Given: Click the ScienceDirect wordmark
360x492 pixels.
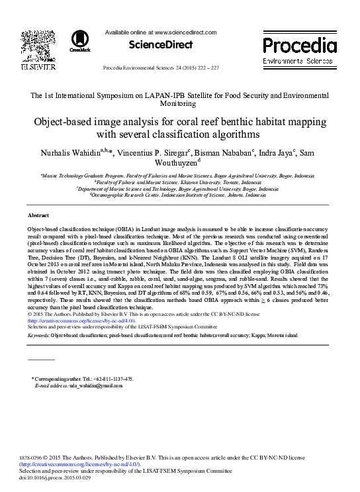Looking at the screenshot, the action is tap(160, 45).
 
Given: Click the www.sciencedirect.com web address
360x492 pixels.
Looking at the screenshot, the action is tap(186, 32).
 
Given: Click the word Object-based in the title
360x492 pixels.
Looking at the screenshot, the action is tap(64, 123).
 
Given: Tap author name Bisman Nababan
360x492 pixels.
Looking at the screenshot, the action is tap(224, 154).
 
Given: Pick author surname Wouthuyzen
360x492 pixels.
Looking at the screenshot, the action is tap(179, 165).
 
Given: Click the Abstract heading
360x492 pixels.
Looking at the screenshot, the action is tap(38, 216).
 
